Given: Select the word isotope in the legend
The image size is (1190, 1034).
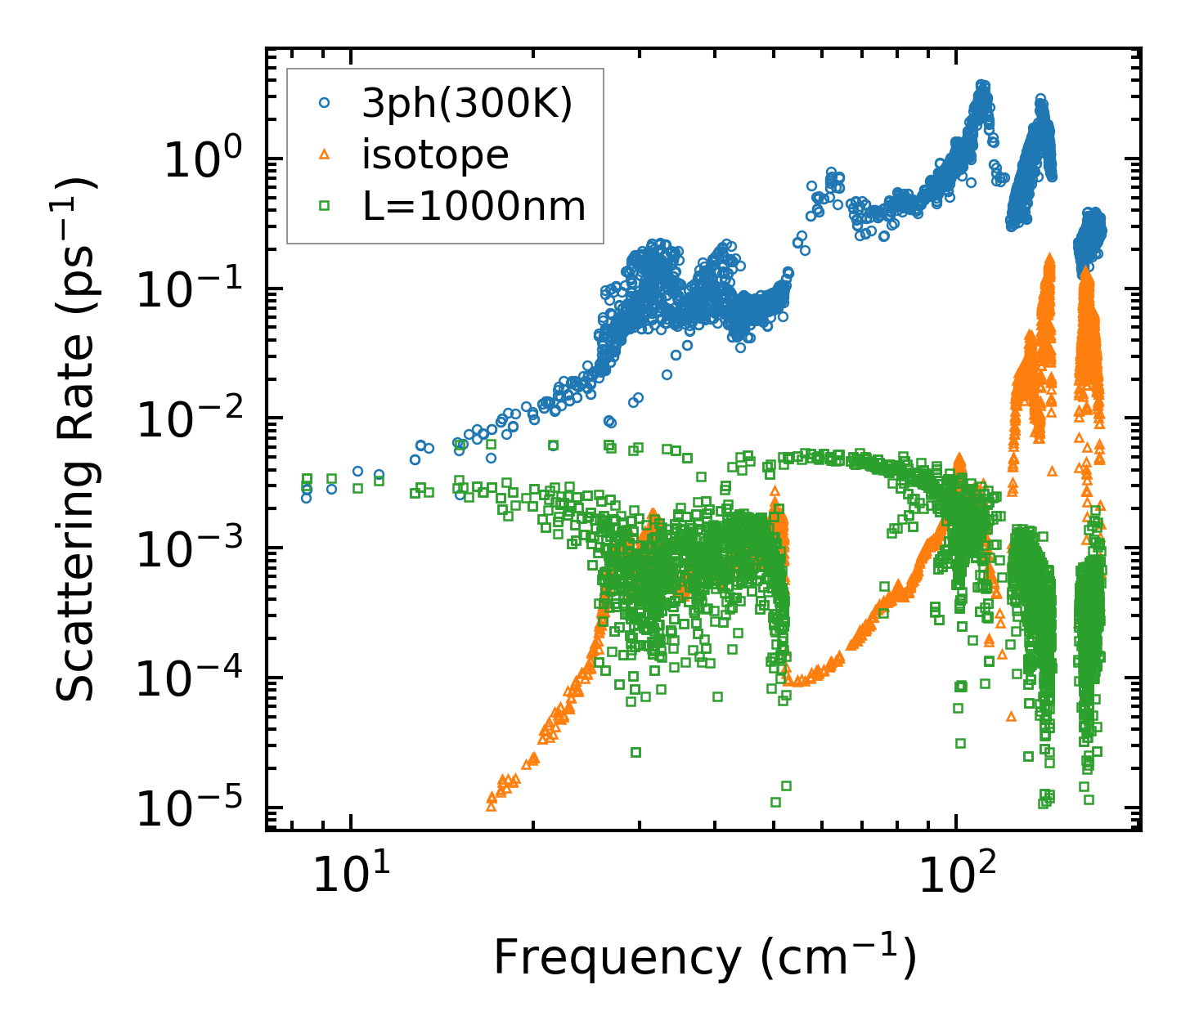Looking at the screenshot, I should (435, 155).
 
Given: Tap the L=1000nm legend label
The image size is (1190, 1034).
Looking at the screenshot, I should (474, 207).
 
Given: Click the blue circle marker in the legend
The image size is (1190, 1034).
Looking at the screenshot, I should (324, 103).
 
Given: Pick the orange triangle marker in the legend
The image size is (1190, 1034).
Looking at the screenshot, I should (324, 154).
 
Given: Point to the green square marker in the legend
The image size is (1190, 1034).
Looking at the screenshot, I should (324, 206).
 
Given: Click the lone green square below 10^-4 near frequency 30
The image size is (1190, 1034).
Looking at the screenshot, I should (635, 752).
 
